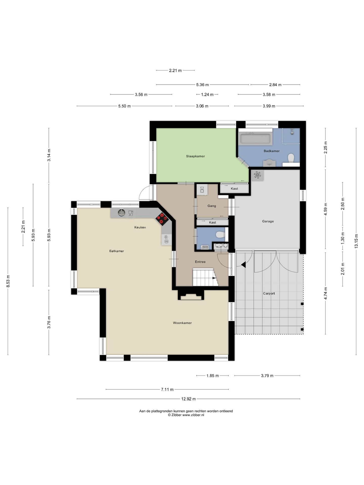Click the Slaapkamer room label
(195, 156)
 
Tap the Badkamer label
(271, 151)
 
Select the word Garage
(268, 221)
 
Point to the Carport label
(269, 293)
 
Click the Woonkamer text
(182, 323)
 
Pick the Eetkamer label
(117, 251)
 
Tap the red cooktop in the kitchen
(162, 218)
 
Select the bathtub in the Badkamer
(255, 139)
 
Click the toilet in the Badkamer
(291, 158)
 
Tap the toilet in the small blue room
(220, 235)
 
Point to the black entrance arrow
(243, 265)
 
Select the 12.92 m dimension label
(188, 399)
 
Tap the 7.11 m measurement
(167, 390)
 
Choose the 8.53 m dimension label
(8, 281)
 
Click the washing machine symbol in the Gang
(202, 189)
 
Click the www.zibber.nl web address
(193, 415)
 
